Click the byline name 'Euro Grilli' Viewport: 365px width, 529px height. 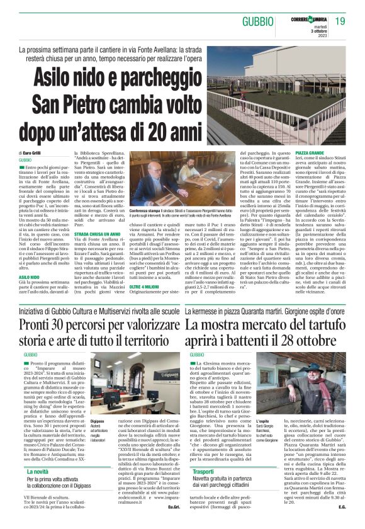click(x=31, y=153)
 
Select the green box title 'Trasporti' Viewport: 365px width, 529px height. click(x=204, y=489)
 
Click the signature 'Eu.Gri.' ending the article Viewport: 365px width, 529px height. click(x=168, y=523)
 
